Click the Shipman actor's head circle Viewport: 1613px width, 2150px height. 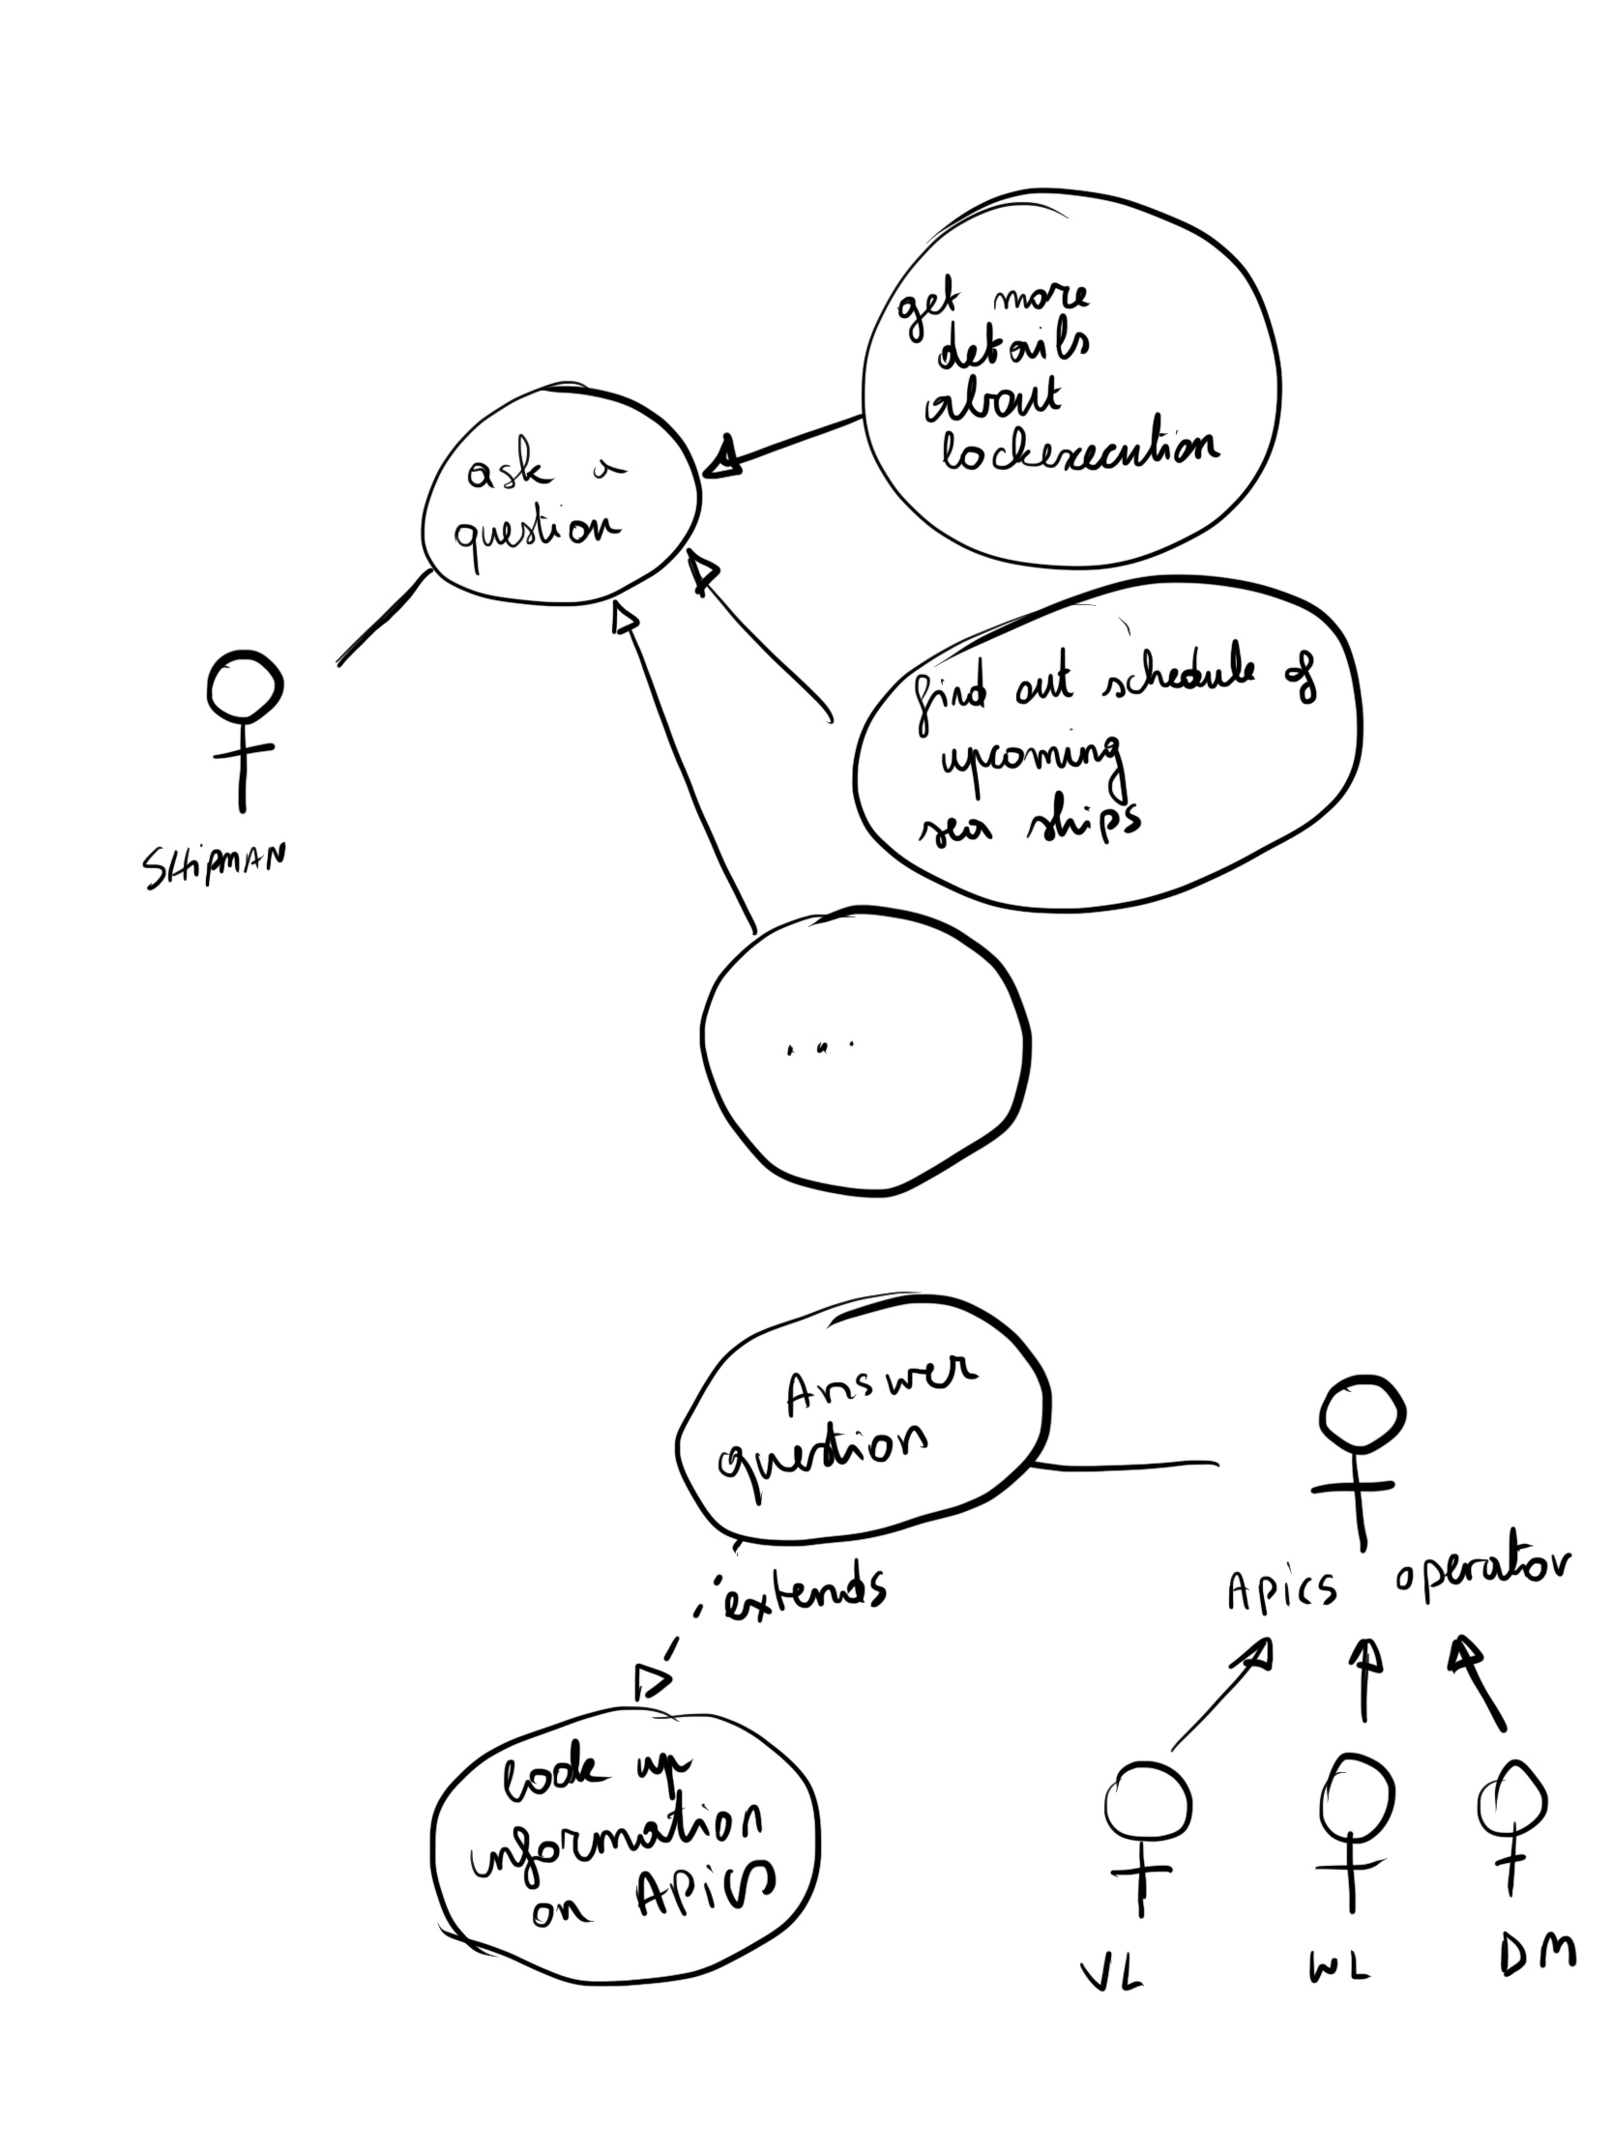pos(244,686)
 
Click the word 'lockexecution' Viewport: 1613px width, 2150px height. pos(1079,452)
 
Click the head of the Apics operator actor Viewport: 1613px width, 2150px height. pos(1363,1414)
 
